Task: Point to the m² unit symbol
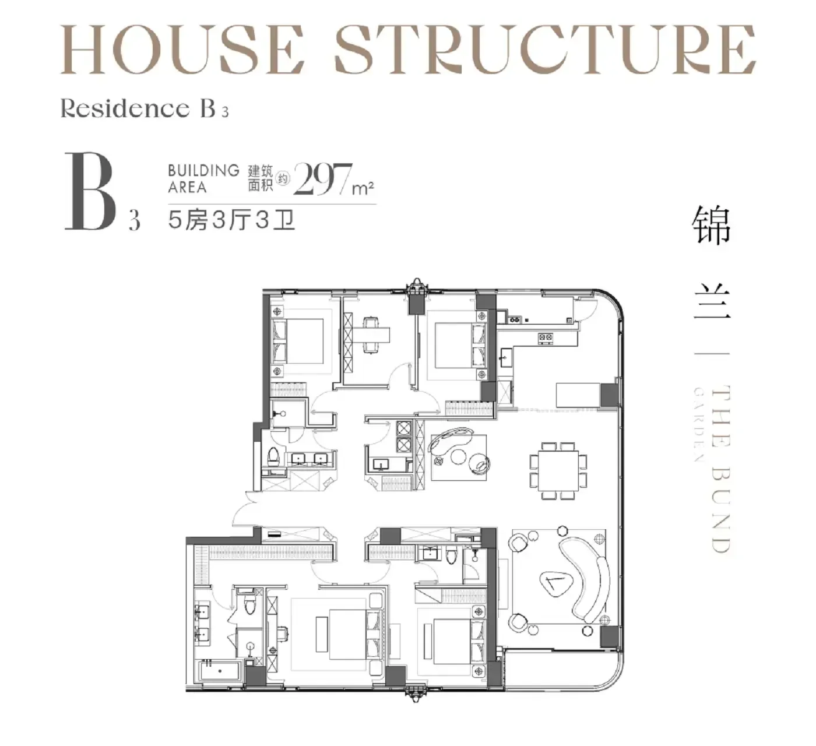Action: (363, 188)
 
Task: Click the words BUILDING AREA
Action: (203, 178)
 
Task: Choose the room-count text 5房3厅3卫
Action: (231, 220)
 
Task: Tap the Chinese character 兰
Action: (712, 301)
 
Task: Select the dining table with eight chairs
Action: (558, 471)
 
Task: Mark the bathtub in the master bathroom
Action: (220, 670)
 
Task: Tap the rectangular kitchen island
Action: (578, 395)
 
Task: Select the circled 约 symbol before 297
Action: (283, 179)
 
